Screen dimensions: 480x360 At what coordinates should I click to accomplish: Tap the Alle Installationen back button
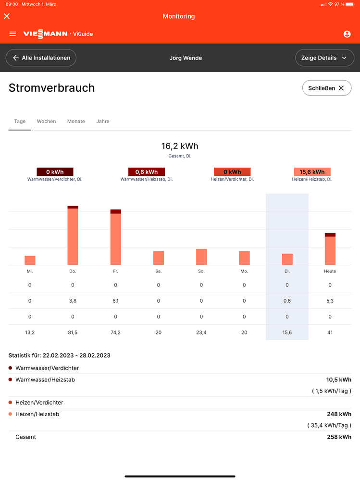(x=41, y=58)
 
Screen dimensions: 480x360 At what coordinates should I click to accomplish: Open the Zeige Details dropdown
(x=324, y=58)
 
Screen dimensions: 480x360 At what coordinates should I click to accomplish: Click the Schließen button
(x=326, y=88)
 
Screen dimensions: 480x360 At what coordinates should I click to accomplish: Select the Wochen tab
(x=46, y=122)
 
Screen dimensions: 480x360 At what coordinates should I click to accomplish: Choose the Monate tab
(x=76, y=122)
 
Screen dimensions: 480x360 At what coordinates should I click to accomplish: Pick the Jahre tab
(x=103, y=122)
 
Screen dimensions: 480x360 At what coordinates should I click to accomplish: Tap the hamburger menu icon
(x=13, y=34)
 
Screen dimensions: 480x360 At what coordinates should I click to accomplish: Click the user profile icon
(x=347, y=34)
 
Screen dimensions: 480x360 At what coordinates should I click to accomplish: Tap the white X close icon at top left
(x=7, y=16)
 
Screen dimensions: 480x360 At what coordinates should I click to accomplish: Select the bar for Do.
(x=73, y=236)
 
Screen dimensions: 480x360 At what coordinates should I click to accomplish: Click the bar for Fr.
(x=116, y=237)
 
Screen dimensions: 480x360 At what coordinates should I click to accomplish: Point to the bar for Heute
(x=330, y=249)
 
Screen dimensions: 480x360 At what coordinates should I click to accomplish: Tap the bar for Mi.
(x=30, y=260)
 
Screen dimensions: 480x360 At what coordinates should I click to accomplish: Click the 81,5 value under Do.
(x=73, y=332)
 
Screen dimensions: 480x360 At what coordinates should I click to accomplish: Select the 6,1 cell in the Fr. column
(x=116, y=301)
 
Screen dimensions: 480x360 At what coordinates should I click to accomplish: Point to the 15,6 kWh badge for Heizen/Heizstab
(x=312, y=172)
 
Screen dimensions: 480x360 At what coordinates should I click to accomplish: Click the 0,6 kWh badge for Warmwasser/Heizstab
(x=147, y=172)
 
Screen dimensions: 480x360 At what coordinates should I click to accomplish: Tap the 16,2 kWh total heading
(x=180, y=146)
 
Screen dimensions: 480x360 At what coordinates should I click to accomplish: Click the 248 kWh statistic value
(x=339, y=414)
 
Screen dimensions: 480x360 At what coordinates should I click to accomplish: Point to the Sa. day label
(x=159, y=271)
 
